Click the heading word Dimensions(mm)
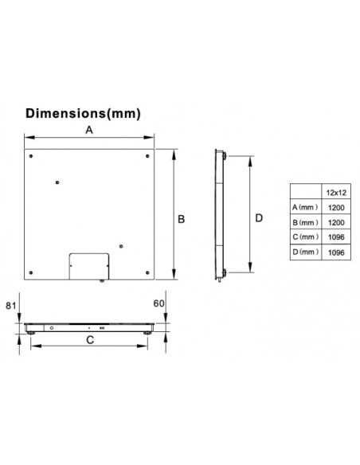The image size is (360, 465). coord(83,114)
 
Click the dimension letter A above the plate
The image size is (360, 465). coord(89,130)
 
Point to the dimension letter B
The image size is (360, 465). coord(181,219)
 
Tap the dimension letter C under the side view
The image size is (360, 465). coord(90,340)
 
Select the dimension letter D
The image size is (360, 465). coord(259,218)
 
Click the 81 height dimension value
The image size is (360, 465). coord(11,306)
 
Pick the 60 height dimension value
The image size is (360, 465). coord(158,303)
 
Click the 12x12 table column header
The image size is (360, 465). coord(336,193)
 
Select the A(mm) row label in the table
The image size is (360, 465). coord(305,207)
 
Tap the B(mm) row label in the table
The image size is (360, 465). coord(305,222)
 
